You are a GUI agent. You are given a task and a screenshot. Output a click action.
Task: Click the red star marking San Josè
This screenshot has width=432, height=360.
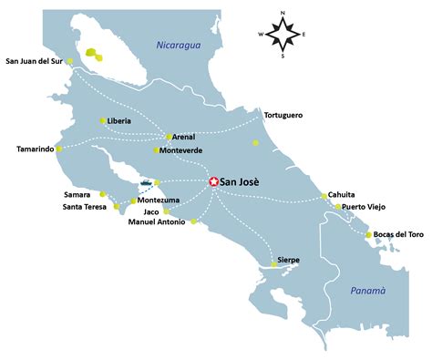point(213,182)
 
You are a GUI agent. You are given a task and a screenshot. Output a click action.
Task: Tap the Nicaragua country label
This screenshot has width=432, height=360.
point(178,46)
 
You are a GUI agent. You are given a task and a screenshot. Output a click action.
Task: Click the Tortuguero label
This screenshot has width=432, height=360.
point(283,116)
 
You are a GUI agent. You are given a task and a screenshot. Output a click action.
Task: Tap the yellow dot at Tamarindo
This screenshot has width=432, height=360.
point(59,149)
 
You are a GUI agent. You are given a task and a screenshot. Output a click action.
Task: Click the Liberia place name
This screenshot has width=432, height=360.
point(119,121)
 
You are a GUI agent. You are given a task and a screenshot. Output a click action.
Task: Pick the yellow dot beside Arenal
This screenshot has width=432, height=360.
point(169,137)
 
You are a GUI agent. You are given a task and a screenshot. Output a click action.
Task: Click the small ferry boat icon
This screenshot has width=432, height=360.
point(146,184)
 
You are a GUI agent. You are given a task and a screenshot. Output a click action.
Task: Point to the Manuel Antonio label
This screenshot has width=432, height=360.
point(157,221)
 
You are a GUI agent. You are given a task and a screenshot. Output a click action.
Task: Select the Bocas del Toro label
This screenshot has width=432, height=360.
point(399,235)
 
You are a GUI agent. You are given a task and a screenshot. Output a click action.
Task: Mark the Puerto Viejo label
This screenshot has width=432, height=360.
point(371,207)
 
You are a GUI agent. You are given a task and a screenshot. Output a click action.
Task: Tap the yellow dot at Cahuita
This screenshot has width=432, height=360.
point(324,196)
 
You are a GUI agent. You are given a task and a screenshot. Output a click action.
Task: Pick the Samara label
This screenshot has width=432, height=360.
point(77,194)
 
